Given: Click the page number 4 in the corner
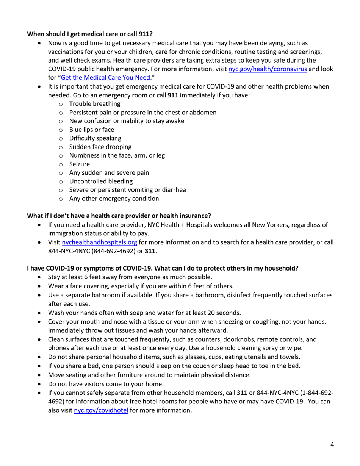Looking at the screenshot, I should [332, 444].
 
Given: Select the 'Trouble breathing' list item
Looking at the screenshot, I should [95, 103].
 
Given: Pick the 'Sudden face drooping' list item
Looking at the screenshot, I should [100, 147].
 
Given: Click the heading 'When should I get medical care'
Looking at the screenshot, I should [90, 33].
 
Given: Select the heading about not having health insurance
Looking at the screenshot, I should [119, 216].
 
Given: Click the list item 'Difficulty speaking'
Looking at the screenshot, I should [95, 138].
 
